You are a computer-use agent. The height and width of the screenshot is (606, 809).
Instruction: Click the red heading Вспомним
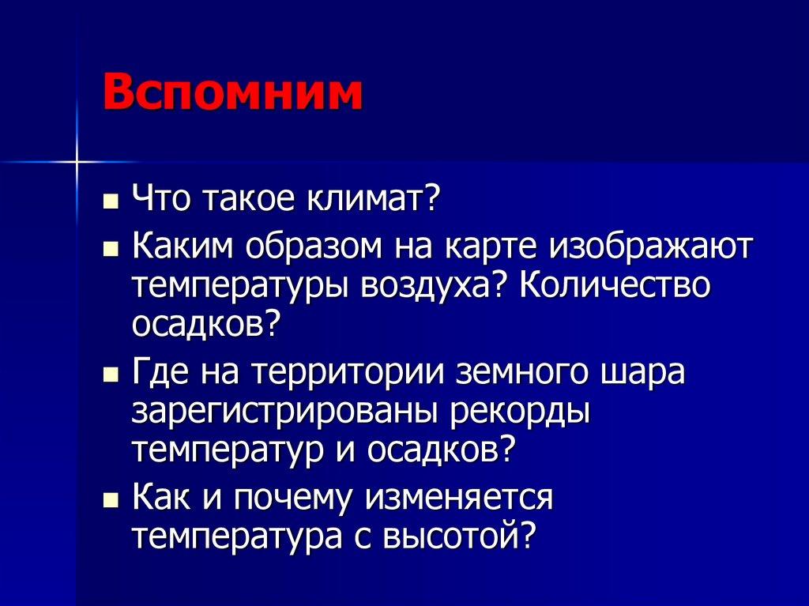(x=232, y=94)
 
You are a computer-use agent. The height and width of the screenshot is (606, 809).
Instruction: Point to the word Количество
(x=616, y=285)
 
